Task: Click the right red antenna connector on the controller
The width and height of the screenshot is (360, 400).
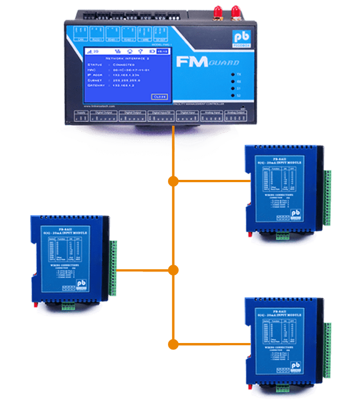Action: (236, 11)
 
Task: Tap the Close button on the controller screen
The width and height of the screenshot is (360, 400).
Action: (159, 97)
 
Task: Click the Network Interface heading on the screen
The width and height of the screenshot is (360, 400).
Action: (125, 58)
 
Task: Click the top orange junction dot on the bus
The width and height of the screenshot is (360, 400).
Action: (174, 181)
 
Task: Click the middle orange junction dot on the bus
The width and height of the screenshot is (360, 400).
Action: (174, 270)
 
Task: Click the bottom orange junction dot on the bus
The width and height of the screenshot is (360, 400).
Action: (174, 342)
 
